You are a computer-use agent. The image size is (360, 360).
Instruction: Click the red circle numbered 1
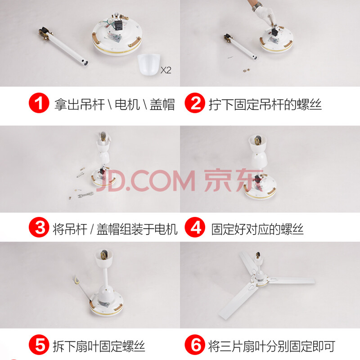point(39,103)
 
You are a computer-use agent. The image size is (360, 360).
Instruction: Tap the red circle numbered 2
point(195,103)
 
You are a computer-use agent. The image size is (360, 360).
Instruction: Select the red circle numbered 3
point(39,227)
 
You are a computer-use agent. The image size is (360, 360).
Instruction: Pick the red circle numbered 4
point(195,227)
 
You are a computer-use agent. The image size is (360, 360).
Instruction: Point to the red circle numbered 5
point(39,345)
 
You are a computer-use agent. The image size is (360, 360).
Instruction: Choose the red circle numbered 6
point(195,345)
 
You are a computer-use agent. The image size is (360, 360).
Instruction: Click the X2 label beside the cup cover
point(166,70)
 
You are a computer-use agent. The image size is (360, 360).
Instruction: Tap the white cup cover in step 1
point(149,64)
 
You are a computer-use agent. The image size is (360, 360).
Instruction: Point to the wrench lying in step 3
point(85,195)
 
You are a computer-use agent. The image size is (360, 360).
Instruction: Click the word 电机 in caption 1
point(127,104)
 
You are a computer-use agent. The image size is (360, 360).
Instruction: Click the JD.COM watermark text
point(145,181)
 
